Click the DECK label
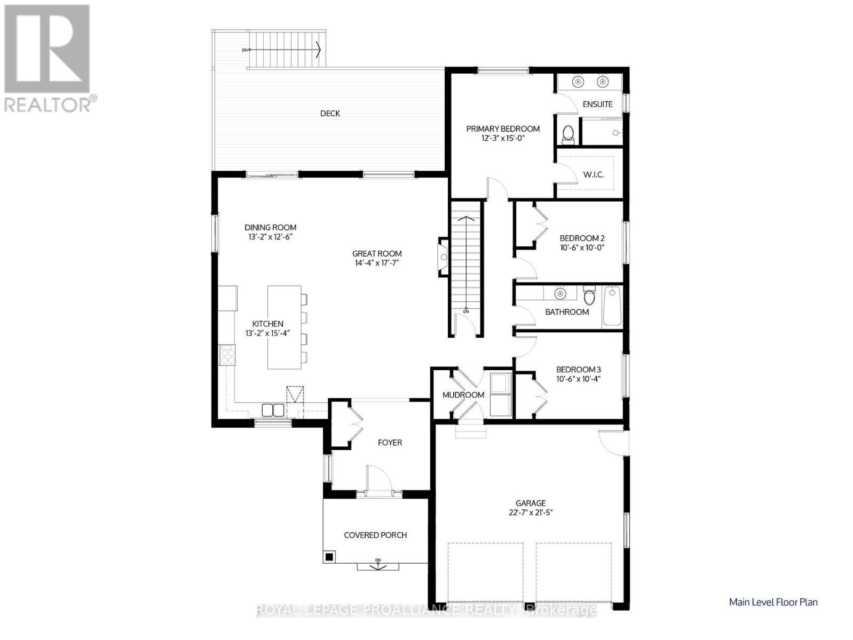[x=330, y=113]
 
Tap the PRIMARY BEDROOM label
[x=503, y=129]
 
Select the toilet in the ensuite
[x=568, y=133]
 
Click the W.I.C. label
[x=594, y=174]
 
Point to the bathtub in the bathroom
[x=612, y=306]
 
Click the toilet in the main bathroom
[x=589, y=296]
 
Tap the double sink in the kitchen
[x=273, y=410]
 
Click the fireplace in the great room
[x=443, y=257]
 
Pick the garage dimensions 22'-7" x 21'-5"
[x=531, y=513]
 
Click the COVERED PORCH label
[x=375, y=535]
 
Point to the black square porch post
[x=329, y=557]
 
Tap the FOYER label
[x=390, y=443]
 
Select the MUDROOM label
[x=463, y=395]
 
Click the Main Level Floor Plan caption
[x=773, y=602]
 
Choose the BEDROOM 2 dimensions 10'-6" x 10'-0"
[x=582, y=247]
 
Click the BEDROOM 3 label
[x=579, y=370]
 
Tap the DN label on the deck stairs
[x=244, y=50]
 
